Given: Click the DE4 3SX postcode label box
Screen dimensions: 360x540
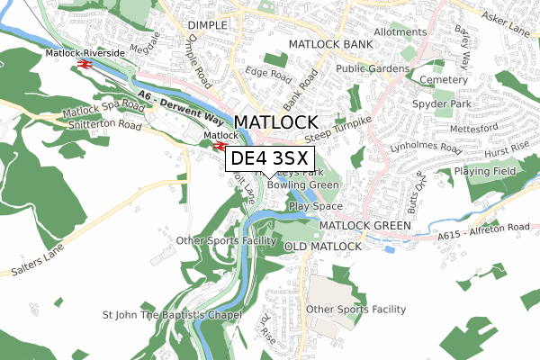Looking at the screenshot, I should [x=270, y=160].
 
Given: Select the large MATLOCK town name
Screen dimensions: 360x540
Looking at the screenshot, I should [x=275, y=123].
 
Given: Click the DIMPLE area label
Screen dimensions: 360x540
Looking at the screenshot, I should [x=209, y=25].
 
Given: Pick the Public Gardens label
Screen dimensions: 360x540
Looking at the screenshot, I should [x=373, y=68].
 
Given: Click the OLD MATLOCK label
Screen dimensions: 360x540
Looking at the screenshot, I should [x=322, y=246].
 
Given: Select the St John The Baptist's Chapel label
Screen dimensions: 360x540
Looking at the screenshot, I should [x=173, y=315].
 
